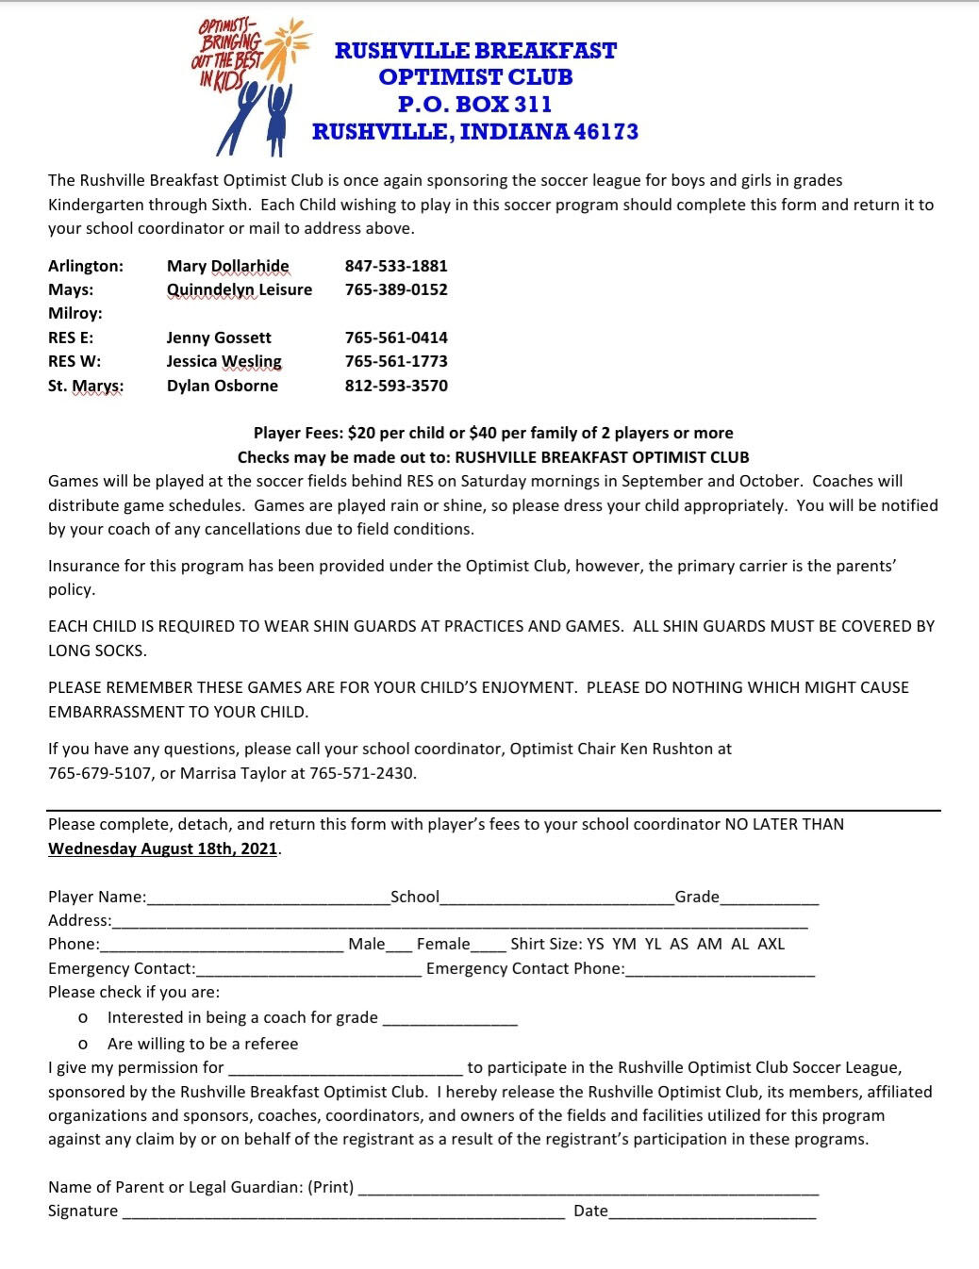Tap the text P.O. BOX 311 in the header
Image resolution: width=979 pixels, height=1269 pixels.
point(474,104)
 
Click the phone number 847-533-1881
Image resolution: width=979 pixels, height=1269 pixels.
point(396,266)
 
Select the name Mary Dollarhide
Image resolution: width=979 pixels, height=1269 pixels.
point(228,266)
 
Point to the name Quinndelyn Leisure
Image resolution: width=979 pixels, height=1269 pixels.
point(240,289)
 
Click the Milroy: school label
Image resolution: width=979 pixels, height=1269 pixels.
point(75,313)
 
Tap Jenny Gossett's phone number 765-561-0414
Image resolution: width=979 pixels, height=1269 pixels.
point(396,338)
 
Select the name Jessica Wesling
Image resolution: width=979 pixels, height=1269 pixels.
point(224,361)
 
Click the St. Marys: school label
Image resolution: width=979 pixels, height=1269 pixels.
point(86,386)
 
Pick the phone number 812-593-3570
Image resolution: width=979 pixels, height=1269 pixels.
point(396,386)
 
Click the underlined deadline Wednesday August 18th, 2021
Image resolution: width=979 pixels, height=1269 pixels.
point(163,849)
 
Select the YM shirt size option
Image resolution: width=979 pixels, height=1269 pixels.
point(623,944)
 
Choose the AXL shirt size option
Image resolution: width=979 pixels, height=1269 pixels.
point(771,944)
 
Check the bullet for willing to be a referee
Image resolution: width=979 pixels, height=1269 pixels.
point(84,1045)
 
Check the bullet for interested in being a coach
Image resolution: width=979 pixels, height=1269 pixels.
point(84,1018)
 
